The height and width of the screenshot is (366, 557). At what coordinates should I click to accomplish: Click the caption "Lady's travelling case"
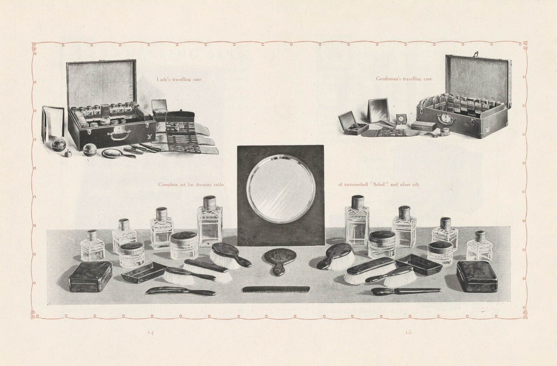click(179, 80)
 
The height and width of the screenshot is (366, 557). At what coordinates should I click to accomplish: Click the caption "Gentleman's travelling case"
click(404, 79)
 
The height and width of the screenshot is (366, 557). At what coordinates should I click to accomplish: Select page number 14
click(151, 332)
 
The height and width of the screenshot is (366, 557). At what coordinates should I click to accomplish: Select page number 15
click(408, 332)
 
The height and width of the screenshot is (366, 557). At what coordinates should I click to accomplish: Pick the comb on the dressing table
click(276, 289)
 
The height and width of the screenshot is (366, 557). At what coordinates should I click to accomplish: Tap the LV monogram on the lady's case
click(149, 137)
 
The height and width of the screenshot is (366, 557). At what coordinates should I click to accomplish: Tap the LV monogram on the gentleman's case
click(487, 129)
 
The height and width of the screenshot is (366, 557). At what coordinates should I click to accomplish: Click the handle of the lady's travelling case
click(119, 136)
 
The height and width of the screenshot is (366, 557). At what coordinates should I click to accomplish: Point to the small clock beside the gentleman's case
click(401, 120)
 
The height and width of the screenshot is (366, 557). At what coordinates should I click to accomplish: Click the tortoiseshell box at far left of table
click(90, 276)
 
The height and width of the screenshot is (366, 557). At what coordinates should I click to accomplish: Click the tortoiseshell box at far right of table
click(477, 276)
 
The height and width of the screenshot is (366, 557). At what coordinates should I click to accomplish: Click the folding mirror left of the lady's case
click(53, 124)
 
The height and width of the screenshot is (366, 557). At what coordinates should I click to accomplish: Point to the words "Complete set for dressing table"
click(191, 185)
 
